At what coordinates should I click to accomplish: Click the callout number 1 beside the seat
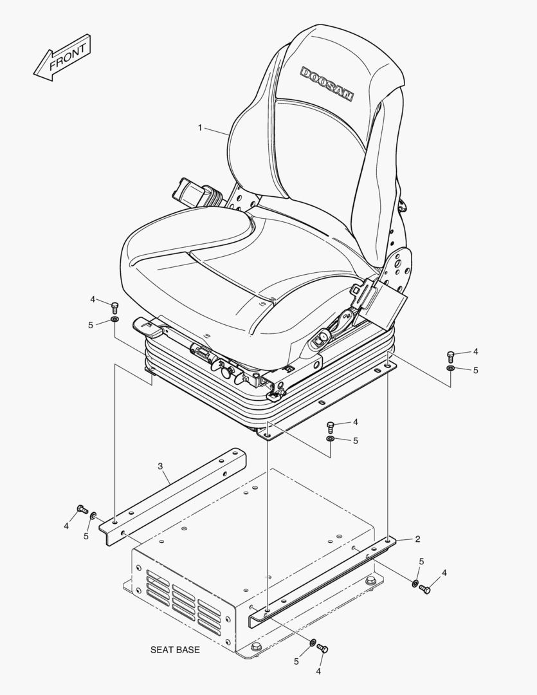(200, 128)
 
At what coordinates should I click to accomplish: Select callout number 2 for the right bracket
(417, 539)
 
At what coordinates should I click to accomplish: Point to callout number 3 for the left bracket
(160, 465)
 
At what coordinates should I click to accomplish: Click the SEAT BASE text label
(175, 650)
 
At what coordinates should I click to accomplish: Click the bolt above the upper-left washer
(115, 306)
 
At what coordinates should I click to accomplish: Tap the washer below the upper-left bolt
(114, 319)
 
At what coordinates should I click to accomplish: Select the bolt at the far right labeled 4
(451, 355)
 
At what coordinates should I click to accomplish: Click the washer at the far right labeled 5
(451, 368)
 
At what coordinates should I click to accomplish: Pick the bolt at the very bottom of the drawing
(323, 648)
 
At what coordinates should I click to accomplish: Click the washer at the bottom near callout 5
(313, 642)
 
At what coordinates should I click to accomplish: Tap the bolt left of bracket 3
(82, 510)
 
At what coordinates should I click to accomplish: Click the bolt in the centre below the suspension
(331, 425)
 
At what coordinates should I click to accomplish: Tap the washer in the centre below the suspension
(330, 438)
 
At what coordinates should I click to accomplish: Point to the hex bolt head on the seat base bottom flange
(257, 646)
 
